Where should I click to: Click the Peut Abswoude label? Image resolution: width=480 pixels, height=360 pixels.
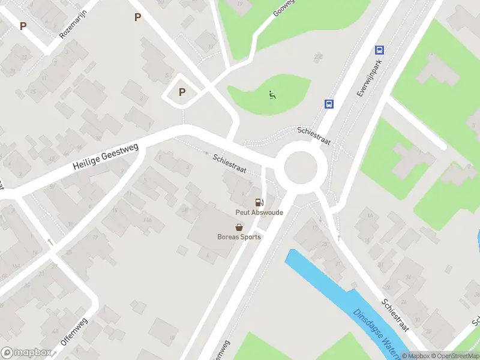point(259,212)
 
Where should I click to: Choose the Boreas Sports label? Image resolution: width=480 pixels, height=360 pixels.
point(239,236)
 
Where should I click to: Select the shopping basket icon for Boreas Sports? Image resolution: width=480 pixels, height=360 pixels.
point(239,227)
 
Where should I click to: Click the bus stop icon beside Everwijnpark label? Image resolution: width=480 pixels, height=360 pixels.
point(379,50)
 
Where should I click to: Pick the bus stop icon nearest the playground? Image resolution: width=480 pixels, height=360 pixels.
point(329,104)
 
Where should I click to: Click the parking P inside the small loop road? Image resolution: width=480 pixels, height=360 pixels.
point(182,92)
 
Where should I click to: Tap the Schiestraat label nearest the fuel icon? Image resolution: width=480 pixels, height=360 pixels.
point(229,162)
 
